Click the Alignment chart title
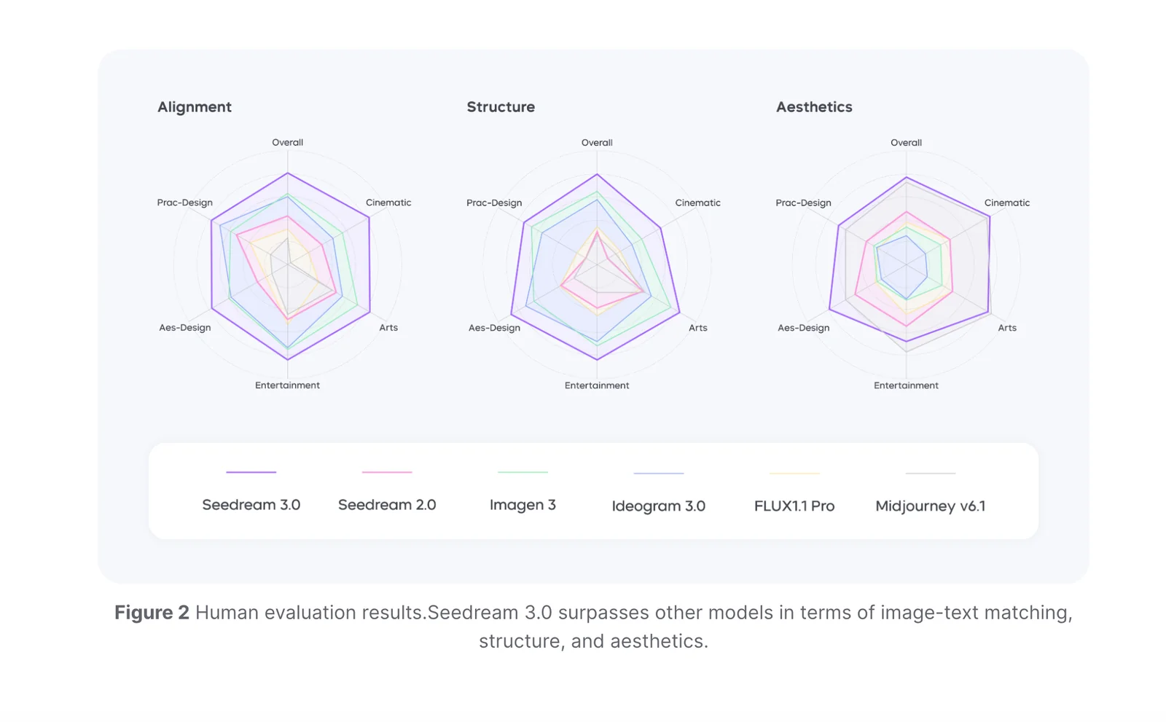pyautogui.click(x=195, y=107)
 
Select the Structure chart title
pyautogui.click(x=501, y=107)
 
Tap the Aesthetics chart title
pyautogui.click(x=814, y=107)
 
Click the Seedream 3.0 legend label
pyautogui.click(x=251, y=505)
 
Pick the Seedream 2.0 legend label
pyautogui.click(x=387, y=505)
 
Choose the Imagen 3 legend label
pyautogui.click(x=523, y=505)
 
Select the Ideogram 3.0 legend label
pyautogui.click(x=658, y=506)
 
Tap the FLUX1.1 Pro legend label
pyautogui.click(x=794, y=506)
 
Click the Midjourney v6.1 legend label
pyautogui.click(x=930, y=506)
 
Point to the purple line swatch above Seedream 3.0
pyautogui.click(x=251, y=472)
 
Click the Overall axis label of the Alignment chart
pyautogui.click(x=287, y=143)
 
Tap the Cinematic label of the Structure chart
pyautogui.click(x=697, y=203)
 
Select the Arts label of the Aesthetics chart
pyautogui.click(x=1007, y=328)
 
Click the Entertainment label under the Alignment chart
pyautogui.click(x=287, y=385)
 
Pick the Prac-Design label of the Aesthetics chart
pyautogui.click(x=803, y=203)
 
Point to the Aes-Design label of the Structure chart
pyautogui.click(x=494, y=328)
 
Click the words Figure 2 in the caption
pyautogui.click(x=152, y=613)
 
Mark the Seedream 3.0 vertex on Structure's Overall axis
pyautogui.click(x=597, y=175)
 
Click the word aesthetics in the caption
pyautogui.click(x=658, y=641)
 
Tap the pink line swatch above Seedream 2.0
pyautogui.click(x=387, y=472)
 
